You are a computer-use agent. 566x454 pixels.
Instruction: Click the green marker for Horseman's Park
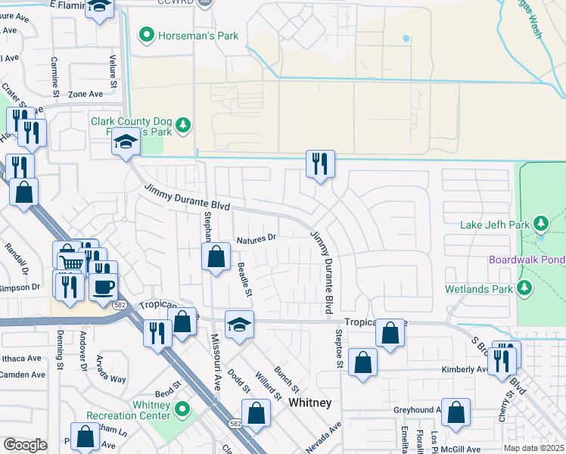tap(146, 35)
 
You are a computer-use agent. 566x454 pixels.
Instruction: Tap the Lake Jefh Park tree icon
tap(540, 224)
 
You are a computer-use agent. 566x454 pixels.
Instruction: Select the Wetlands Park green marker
tap(524, 288)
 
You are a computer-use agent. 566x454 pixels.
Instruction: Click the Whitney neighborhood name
tap(310, 403)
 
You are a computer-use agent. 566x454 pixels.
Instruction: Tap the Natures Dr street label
tap(257, 239)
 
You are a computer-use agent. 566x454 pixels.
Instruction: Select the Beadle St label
tap(244, 279)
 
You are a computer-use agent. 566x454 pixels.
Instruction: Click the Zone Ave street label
tap(85, 95)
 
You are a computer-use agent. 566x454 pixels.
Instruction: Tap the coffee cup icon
tap(103, 287)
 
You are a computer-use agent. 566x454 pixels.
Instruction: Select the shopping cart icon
tap(71, 263)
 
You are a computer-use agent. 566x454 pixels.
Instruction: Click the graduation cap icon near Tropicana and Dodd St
tap(239, 324)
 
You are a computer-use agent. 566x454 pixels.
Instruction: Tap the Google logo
tap(25, 445)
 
